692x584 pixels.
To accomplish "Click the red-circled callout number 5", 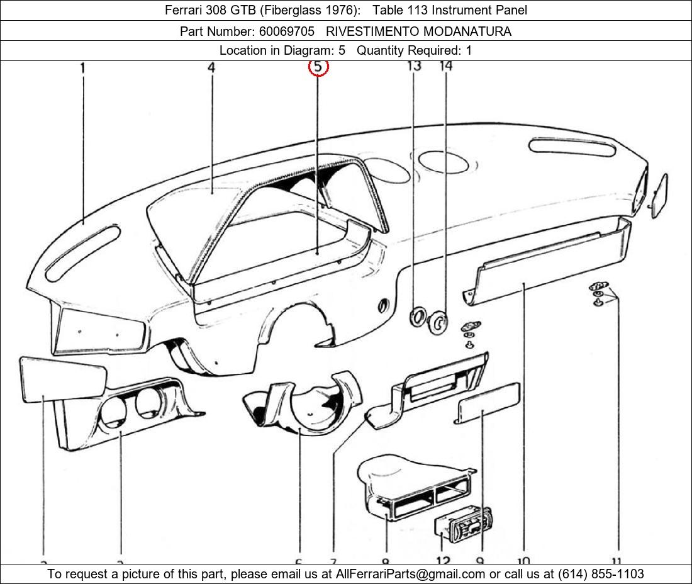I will pos(318,66).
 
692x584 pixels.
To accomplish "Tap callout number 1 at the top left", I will pos(83,67).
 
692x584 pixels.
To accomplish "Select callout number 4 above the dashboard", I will pos(211,67).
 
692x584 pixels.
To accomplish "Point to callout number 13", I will pos(414,65).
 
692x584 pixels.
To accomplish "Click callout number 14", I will pos(445,65).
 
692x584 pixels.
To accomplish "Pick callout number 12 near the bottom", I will pos(442,560).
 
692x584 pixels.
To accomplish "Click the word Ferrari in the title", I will pos(184,10).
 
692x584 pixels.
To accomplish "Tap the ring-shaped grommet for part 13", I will pos(417,317).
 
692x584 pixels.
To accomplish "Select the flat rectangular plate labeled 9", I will pos(488,403).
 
